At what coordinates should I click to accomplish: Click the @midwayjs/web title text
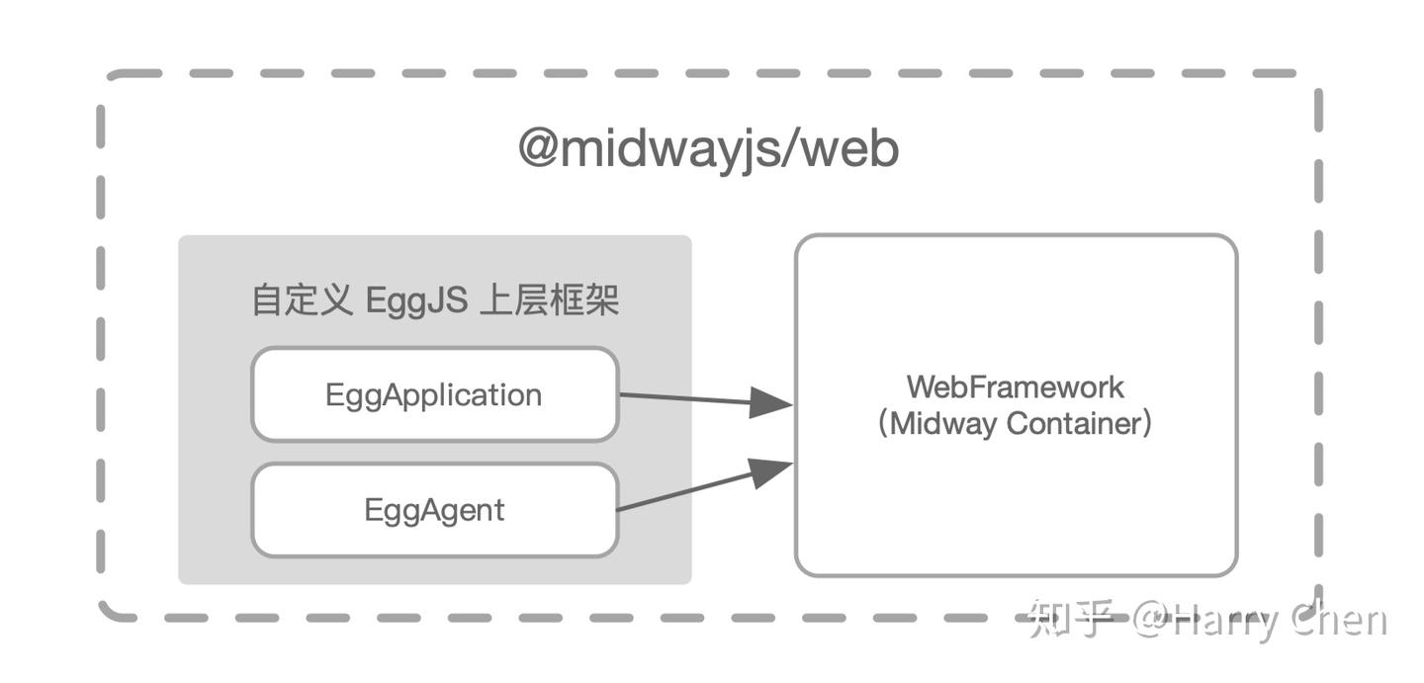click(x=708, y=150)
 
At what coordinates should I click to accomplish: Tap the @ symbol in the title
click(x=539, y=150)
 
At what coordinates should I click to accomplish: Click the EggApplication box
click(x=434, y=394)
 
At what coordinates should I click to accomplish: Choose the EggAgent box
click(x=434, y=510)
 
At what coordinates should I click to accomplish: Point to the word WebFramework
click(x=1016, y=386)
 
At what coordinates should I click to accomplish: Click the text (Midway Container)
click(x=1016, y=424)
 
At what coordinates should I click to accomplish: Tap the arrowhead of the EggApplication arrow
click(x=771, y=402)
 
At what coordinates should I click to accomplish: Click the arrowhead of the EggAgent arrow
click(x=771, y=470)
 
